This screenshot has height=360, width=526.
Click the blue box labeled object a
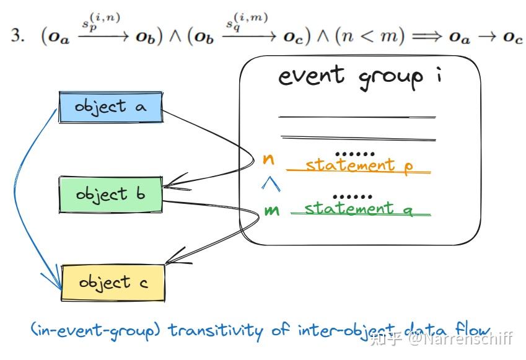[x=110, y=107]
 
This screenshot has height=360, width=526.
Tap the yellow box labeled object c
[x=113, y=283]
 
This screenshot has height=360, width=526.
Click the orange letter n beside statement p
[x=269, y=159]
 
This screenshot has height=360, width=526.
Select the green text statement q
[x=358, y=208]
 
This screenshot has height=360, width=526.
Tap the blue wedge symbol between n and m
[x=268, y=183]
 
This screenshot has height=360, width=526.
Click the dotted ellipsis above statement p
[x=354, y=152]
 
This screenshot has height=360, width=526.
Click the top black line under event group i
[x=357, y=116]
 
